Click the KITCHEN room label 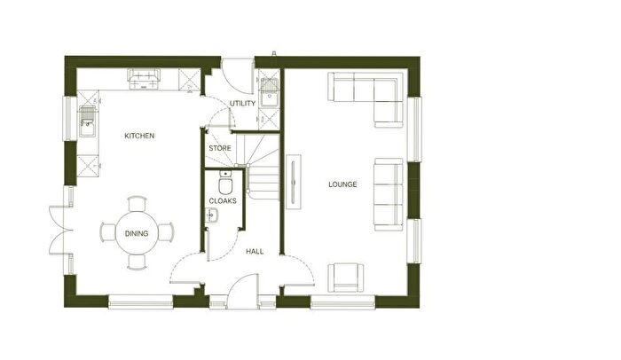pos(139,136)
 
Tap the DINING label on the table pos(137,234)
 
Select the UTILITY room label pos(242,104)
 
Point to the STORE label pos(220,148)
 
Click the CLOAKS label pos(223,200)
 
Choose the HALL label pos(255,252)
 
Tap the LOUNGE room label pos(342,184)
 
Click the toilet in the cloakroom pos(225,182)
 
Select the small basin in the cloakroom pos(212,215)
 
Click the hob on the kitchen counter pos(144,79)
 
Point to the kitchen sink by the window pos(87,121)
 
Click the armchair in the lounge pos(346,278)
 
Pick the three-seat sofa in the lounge pos(389,194)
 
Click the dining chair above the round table pos(137,204)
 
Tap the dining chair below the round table pos(137,262)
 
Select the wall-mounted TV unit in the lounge pos(294,182)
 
